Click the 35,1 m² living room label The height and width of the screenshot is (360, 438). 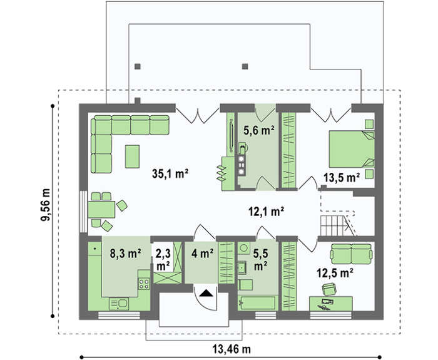[x=170, y=174]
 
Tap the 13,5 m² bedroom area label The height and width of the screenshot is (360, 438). [x=342, y=177]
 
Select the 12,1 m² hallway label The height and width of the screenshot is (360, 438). [x=266, y=212]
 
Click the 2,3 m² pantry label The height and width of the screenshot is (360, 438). [x=163, y=260]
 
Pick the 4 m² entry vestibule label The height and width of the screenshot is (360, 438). [x=203, y=253]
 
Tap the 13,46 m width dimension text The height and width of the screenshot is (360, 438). [x=232, y=349]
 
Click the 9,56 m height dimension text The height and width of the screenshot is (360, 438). [x=46, y=205]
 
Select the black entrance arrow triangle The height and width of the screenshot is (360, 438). [x=206, y=293]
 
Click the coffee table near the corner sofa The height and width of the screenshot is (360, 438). [x=132, y=157]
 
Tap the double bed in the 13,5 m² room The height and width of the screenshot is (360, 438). [x=352, y=149]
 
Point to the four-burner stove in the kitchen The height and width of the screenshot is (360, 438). [x=144, y=283]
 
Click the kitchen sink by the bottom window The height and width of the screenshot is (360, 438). [x=120, y=304]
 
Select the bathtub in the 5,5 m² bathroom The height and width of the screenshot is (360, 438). [x=257, y=303]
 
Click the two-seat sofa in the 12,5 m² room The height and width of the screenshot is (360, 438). [x=351, y=254]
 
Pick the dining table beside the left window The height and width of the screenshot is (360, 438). [x=101, y=209]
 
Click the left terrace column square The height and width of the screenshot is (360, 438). [x=138, y=66]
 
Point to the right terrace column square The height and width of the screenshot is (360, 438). [x=245, y=66]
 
